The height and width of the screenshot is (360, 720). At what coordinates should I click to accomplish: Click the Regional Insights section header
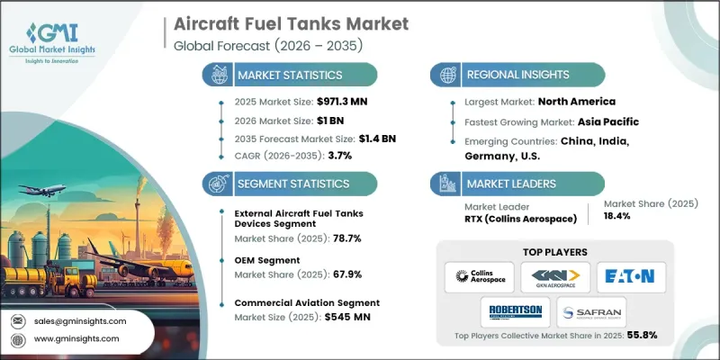514,75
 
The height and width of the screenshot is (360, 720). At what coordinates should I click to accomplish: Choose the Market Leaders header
510,183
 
